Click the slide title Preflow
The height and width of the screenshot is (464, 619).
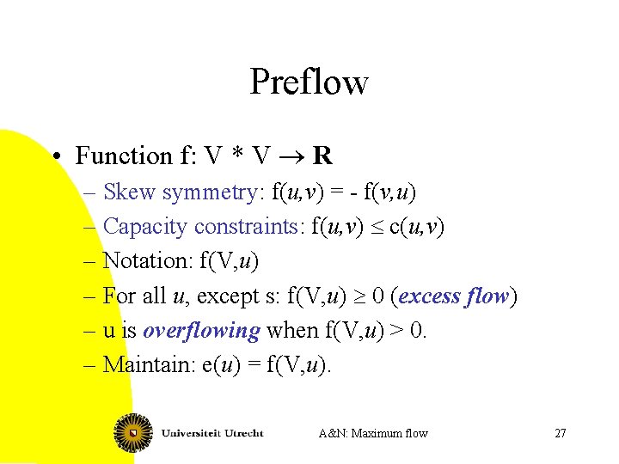click(x=309, y=82)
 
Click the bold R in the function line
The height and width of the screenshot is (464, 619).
click(x=322, y=156)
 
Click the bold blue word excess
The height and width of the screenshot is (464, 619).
click(x=429, y=296)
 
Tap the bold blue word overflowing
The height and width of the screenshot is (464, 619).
click(x=201, y=331)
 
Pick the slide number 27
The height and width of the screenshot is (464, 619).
click(x=560, y=433)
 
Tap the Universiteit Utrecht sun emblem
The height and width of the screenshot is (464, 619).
click(x=133, y=432)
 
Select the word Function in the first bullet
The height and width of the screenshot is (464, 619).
click(x=124, y=156)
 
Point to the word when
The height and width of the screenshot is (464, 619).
click(x=293, y=331)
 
